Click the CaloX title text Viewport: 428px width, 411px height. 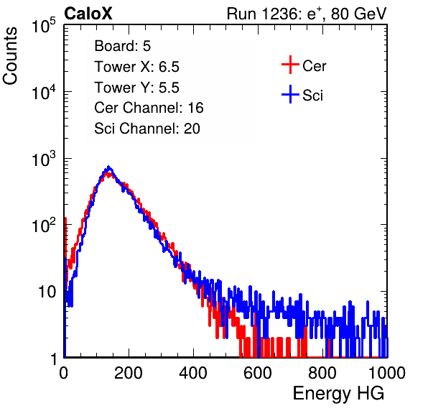pos(88,14)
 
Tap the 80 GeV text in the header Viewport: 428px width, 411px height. pos(359,14)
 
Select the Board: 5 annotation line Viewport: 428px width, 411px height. pos(123,46)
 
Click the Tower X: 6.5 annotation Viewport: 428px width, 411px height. pos(136,67)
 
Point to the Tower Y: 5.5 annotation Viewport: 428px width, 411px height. pos(136,88)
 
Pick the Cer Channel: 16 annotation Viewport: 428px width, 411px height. pos(149,108)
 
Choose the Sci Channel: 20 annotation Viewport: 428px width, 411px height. pos(147,129)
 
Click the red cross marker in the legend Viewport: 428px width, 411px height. pos(290,65)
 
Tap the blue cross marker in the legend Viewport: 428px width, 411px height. pos(290,94)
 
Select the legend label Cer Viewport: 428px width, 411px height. pos(314,66)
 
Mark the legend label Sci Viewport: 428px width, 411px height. pos(312,96)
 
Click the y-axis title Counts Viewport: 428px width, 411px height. pos(10,56)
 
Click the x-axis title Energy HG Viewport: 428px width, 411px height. pos(338,394)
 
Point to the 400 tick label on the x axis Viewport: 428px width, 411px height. pos(193,373)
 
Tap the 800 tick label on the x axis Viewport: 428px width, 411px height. pos(322,373)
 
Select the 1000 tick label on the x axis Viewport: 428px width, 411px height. pos(387,373)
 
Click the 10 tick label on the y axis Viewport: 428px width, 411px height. pos(47,292)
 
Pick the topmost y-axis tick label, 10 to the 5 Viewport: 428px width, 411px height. pos(44,25)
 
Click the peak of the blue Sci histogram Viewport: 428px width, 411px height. pos(108,167)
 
